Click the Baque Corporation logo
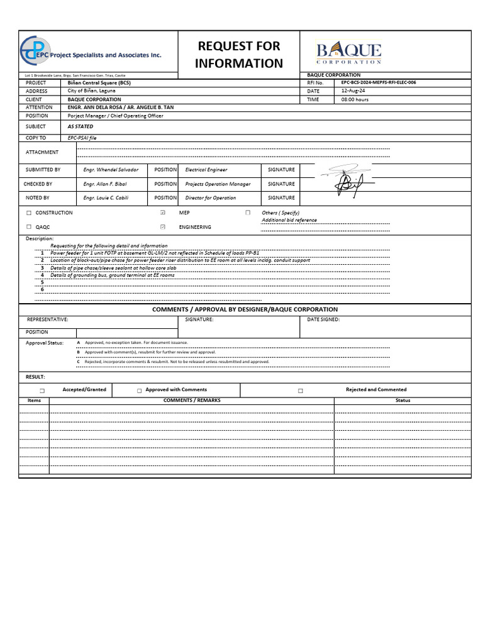pyautogui.click(x=348, y=52)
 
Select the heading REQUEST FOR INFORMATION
pyautogui.click(x=239, y=54)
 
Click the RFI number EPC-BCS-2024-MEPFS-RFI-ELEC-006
pyautogui.click(x=379, y=82)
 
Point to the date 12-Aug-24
pyautogui.click(x=353, y=91)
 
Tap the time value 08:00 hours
pyautogui.click(x=355, y=99)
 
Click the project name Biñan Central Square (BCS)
pyautogui.click(x=99, y=83)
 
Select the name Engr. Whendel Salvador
pyautogui.click(x=111, y=170)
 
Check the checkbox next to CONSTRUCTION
pyautogui.click(x=29, y=213)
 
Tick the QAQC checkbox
pyautogui.click(x=29, y=227)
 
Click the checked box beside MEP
pyautogui.click(x=163, y=213)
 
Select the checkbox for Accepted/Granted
pyautogui.click(x=42, y=391)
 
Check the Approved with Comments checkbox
pyautogui.click(x=139, y=391)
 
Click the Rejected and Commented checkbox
pyautogui.click(x=301, y=391)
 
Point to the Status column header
pyautogui.click(x=402, y=401)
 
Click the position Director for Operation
pyautogui.click(x=211, y=198)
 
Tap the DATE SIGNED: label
pyautogui.click(x=323, y=319)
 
